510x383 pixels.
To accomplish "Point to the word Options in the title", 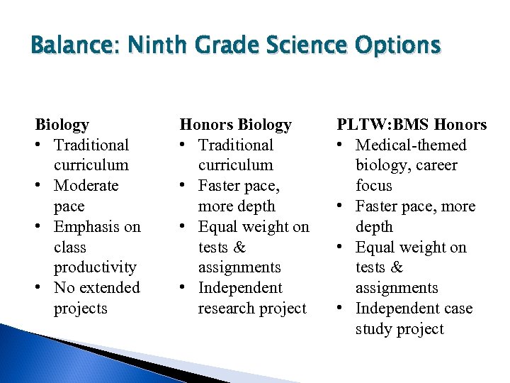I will pyautogui.click(x=393, y=46).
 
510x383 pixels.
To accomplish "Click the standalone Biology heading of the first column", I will pyautogui.click(x=62, y=125).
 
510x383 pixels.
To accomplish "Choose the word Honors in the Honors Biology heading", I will pyautogui.click(x=206, y=125).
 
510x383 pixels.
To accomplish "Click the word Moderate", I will pyautogui.click(x=86, y=186).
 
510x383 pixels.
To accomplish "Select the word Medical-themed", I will pyautogui.click(x=411, y=145).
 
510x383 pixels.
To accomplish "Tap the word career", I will pyautogui.click(x=431, y=165).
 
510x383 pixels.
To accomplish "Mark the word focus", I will pyautogui.click(x=373, y=186).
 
